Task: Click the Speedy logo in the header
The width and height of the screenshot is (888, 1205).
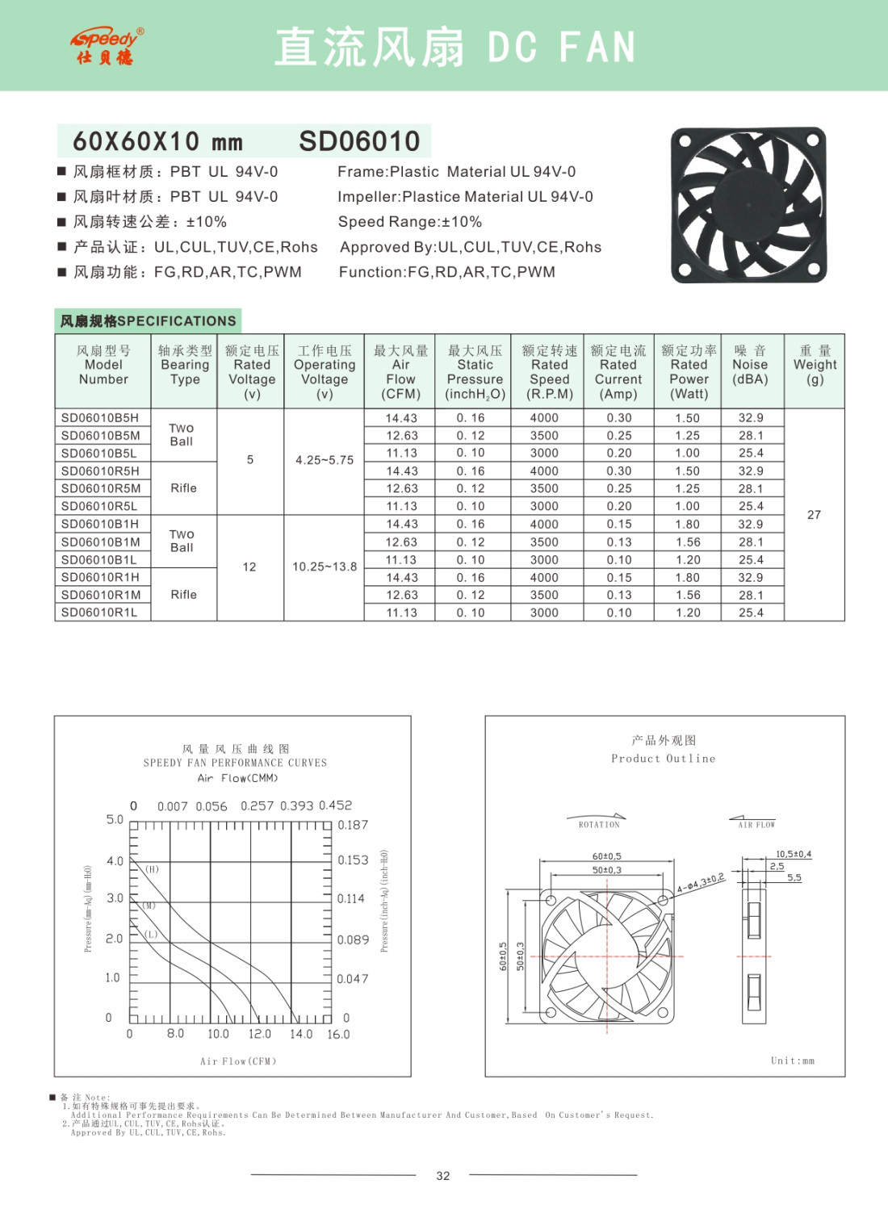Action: click(106, 46)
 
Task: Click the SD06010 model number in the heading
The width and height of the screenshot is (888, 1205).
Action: click(359, 141)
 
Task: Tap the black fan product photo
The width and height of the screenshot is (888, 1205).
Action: click(748, 205)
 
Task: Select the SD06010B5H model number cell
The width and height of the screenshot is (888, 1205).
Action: click(100, 418)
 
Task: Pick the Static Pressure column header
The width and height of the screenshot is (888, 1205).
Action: click(475, 372)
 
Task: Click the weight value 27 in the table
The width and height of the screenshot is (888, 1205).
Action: click(814, 515)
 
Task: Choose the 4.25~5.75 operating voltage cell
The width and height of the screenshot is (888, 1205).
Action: click(324, 460)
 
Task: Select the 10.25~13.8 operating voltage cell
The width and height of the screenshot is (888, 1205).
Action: click(324, 567)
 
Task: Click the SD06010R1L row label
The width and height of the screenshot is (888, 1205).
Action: click(99, 613)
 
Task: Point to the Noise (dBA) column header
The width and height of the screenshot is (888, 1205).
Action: click(750, 365)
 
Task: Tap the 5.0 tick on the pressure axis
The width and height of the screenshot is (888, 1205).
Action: click(115, 819)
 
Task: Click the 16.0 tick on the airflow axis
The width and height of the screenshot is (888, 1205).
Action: click(338, 1035)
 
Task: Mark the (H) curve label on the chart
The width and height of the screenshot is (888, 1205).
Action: click(152, 869)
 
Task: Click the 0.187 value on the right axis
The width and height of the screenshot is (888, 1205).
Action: click(353, 825)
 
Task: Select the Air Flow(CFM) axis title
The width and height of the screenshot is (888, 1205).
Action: click(238, 1061)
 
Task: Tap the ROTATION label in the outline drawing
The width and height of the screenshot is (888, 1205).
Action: click(599, 825)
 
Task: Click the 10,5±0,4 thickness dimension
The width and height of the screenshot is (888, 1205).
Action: click(794, 854)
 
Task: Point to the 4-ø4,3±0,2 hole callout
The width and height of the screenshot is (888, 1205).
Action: click(701, 883)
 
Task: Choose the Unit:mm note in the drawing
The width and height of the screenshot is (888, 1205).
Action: click(792, 1061)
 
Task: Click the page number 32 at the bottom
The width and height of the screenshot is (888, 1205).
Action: click(443, 1176)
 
